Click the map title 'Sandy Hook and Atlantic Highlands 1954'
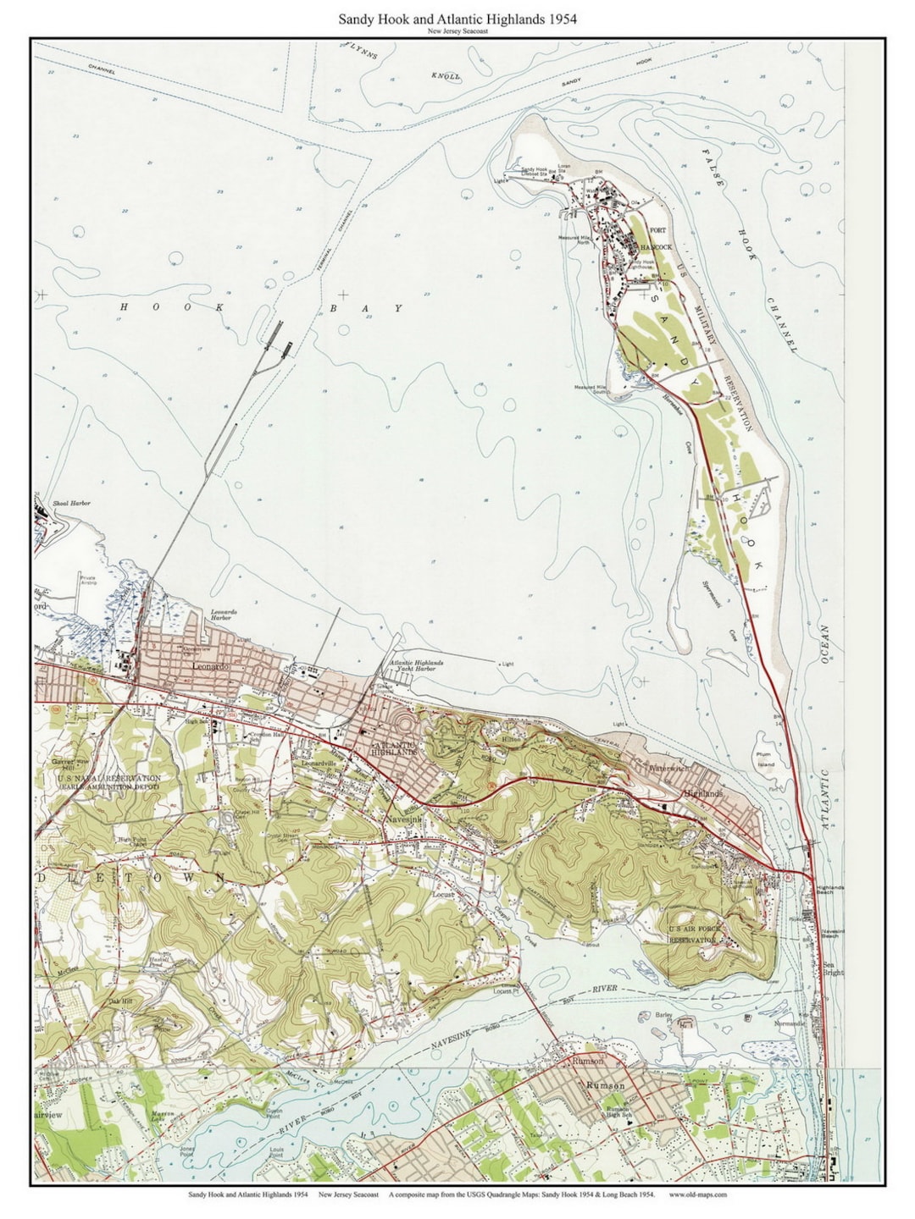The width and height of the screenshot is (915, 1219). tap(457, 18)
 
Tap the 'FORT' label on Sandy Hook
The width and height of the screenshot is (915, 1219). tap(657, 230)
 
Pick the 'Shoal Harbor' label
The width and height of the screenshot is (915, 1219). tap(70, 503)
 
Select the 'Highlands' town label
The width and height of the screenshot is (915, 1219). tap(704, 794)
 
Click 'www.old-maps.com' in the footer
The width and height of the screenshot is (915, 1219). tap(697, 1195)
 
